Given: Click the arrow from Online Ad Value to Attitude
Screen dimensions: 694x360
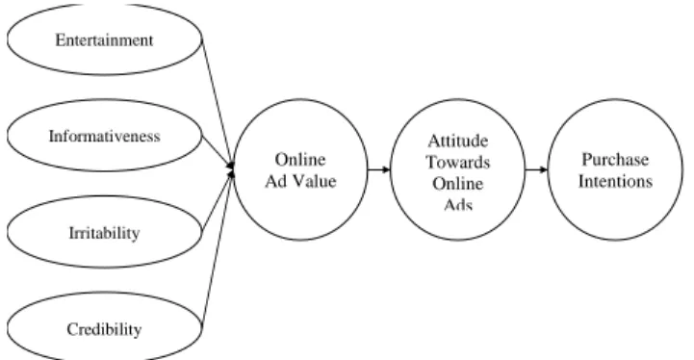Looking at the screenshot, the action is coord(379,169).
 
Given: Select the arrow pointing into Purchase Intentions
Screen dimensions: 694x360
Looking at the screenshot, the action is coord(536,169).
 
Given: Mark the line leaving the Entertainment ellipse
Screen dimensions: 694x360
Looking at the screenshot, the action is coord(217,102).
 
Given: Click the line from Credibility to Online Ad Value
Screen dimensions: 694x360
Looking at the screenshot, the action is coord(217,250).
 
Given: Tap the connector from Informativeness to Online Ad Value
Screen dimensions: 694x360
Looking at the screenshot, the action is coord(218,150).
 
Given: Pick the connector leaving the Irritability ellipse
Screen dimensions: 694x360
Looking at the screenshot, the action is coord(218,201).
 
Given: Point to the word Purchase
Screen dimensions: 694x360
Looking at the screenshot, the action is coord(615,160).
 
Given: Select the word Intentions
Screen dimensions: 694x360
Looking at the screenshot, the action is coord(615,181).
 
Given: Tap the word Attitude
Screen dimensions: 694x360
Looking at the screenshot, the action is coord(458,141).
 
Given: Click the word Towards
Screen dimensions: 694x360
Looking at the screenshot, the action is coord(458,162).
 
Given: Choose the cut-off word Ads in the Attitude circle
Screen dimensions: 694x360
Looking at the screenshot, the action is coord(458,204).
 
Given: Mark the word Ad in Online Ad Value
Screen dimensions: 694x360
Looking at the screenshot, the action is coord(276,181).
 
